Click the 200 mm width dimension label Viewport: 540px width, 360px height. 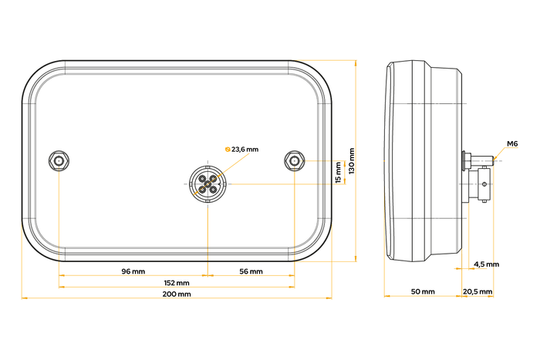177,295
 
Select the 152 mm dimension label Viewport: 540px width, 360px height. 177,283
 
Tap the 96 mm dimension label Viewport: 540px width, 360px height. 133,271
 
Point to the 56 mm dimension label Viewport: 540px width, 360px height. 251,271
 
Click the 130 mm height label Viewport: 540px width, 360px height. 352,161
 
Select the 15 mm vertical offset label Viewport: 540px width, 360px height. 337,172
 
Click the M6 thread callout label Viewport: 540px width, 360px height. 512,144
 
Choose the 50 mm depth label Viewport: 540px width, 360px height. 423,292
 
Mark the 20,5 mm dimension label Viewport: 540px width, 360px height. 478,292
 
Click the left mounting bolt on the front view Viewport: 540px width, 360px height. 59,160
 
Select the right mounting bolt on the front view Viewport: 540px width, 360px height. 294,160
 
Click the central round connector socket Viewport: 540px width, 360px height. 208,184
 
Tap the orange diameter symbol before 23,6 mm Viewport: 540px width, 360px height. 226,149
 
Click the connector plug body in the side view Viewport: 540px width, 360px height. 479,185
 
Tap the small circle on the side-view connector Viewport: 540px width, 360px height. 484,183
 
